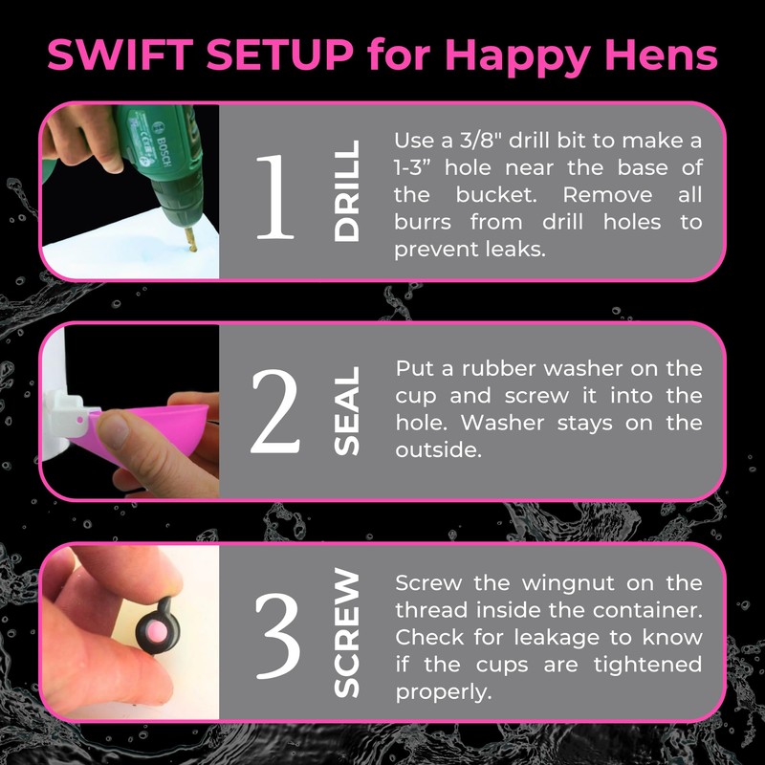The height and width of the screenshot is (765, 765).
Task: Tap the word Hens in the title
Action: tap(661, 55)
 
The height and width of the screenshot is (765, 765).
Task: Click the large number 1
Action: tap(275, 197)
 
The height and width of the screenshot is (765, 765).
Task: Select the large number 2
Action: tap(274, 411)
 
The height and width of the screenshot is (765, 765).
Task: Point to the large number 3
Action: tap(277, 635)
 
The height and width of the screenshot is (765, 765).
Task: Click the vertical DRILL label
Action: tap(346, 190)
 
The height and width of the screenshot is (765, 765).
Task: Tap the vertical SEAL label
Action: tap(346, 411)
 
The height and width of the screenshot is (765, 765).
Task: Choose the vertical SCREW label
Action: tap(346, 632)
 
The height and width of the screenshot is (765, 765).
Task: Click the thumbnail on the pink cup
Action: tap(113, 429)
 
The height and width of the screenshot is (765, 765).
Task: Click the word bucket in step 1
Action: tap(496, 195)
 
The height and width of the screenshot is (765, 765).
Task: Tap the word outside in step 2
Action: tap(438, 449)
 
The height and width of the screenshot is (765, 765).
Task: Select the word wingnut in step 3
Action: tap(568, 584)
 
